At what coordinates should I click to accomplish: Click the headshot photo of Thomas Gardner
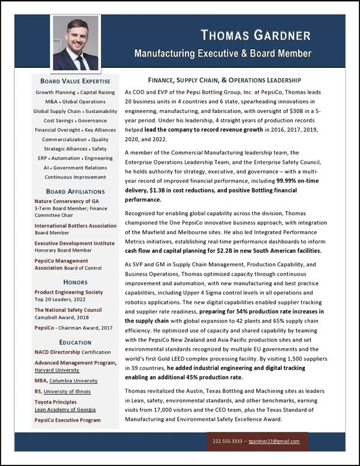pyautogui.click(x=76, y=43)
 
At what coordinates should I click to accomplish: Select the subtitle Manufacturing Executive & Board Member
pyautogui.click(x=223, y=53)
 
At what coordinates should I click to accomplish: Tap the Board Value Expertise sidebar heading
pyautogui.click(x=76, y=81)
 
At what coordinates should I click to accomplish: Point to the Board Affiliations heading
pyautogui.click(x=76, y=192)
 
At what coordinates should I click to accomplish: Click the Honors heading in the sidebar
pyautogui.click(x=76, y=282)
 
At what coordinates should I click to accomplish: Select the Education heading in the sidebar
pyautogui.click(x=76, y=342)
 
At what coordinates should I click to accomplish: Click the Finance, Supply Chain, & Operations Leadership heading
pyautogui.click(x=224, y=80)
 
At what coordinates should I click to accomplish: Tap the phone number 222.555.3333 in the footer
pyautogui.click(x=227, y=441)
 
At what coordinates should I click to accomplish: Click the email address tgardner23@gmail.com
pyautogui.click(x=275, y=441)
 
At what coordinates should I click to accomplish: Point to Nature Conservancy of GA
pyautogui.click(x=67, y=201)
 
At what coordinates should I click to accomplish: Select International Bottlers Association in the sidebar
pyautogui.click(x=76, y=226)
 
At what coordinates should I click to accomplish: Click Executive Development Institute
pyautogui.click(x=74, y=244)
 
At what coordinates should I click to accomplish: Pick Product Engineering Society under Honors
pyautogui.click(x=68, y=292)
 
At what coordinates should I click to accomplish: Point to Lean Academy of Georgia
pyautogui.click(x=65, y=410)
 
